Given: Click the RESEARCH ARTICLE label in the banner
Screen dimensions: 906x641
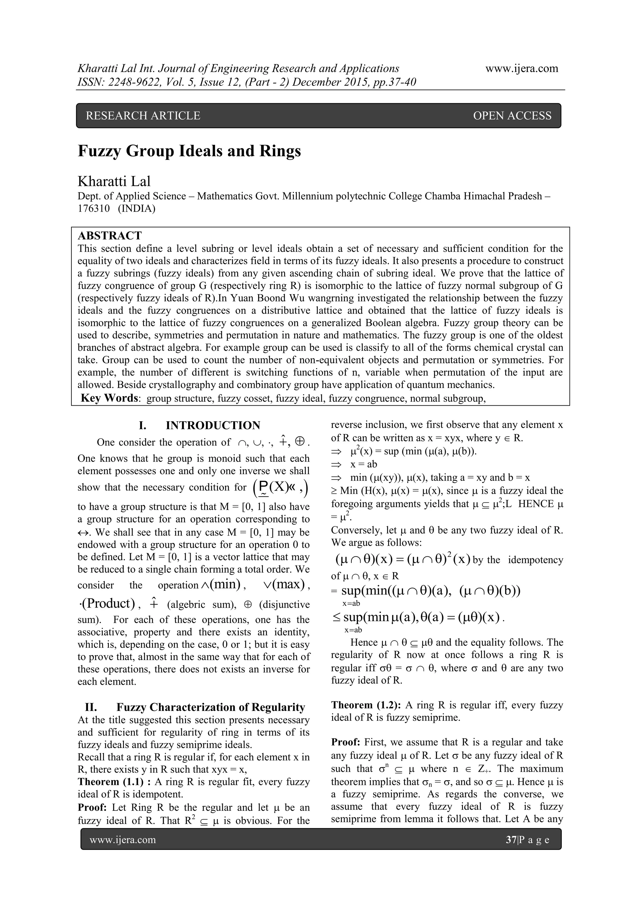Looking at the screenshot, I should point(143,115).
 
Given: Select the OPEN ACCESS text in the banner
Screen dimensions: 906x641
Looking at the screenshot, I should point(512,115).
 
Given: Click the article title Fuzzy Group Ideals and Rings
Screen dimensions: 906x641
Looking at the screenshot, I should point(189,151).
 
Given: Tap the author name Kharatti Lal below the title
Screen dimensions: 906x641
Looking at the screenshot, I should point(114,181).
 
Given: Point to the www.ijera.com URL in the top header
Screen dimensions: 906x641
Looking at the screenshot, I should point(521,68).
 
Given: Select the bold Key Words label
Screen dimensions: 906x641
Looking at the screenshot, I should point(109,398).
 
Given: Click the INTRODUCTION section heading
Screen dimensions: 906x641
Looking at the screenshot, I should point(213,425).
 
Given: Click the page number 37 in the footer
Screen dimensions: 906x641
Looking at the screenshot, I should point(511,840).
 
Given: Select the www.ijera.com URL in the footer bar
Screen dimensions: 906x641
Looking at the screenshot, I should point(122,840).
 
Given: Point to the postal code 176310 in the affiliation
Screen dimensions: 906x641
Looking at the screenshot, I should point(94,208).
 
